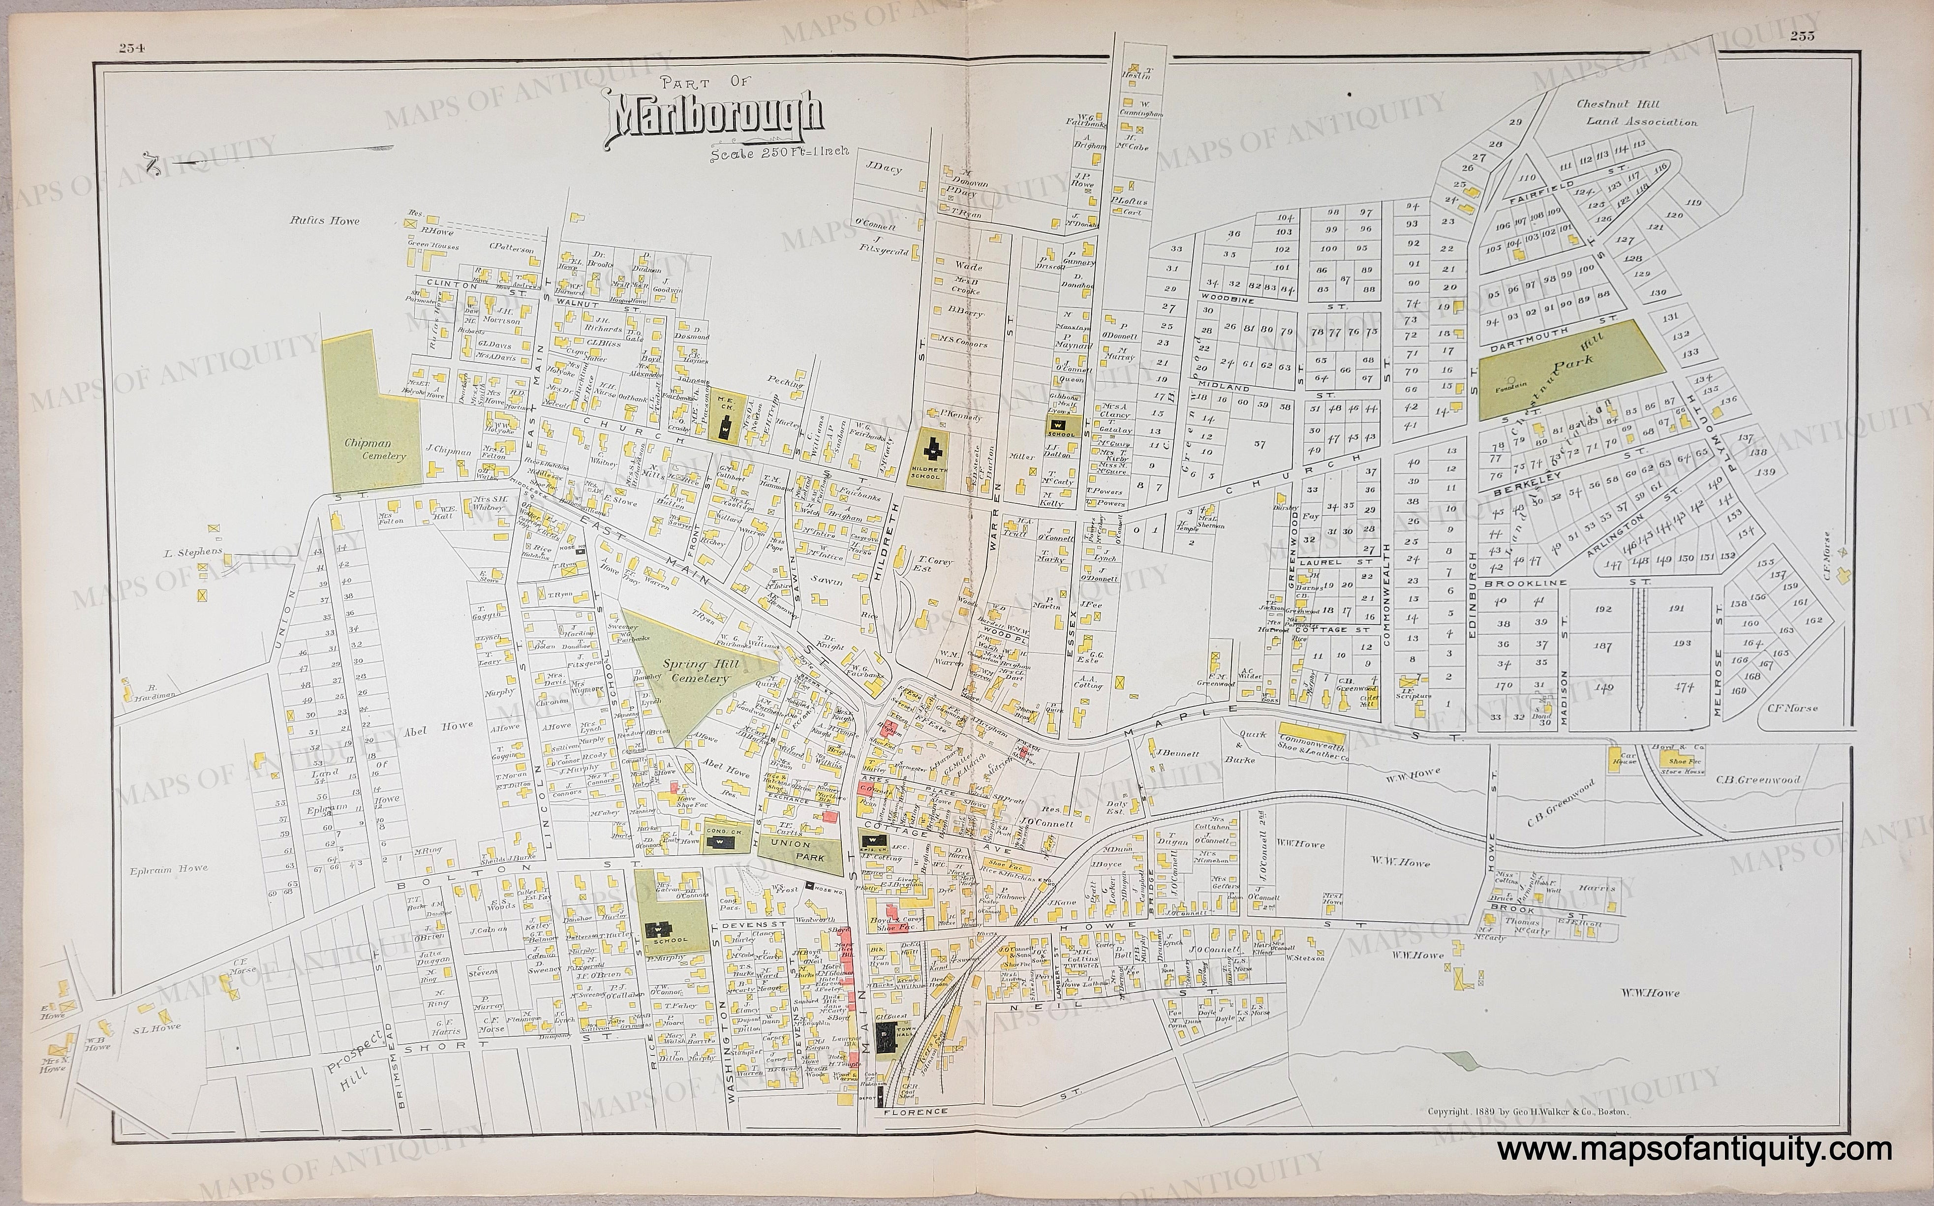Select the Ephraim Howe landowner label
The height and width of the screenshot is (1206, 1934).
(171, 868)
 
